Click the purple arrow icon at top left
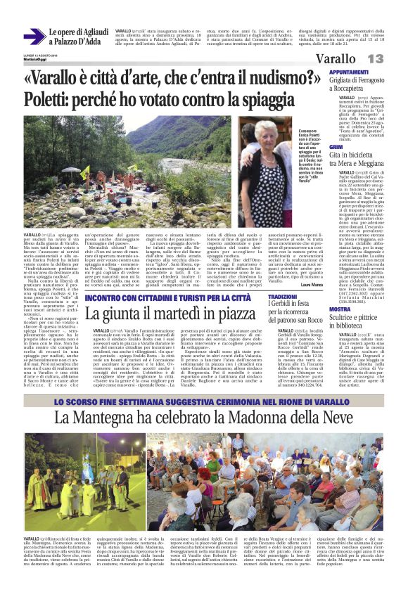coord(34,37)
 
